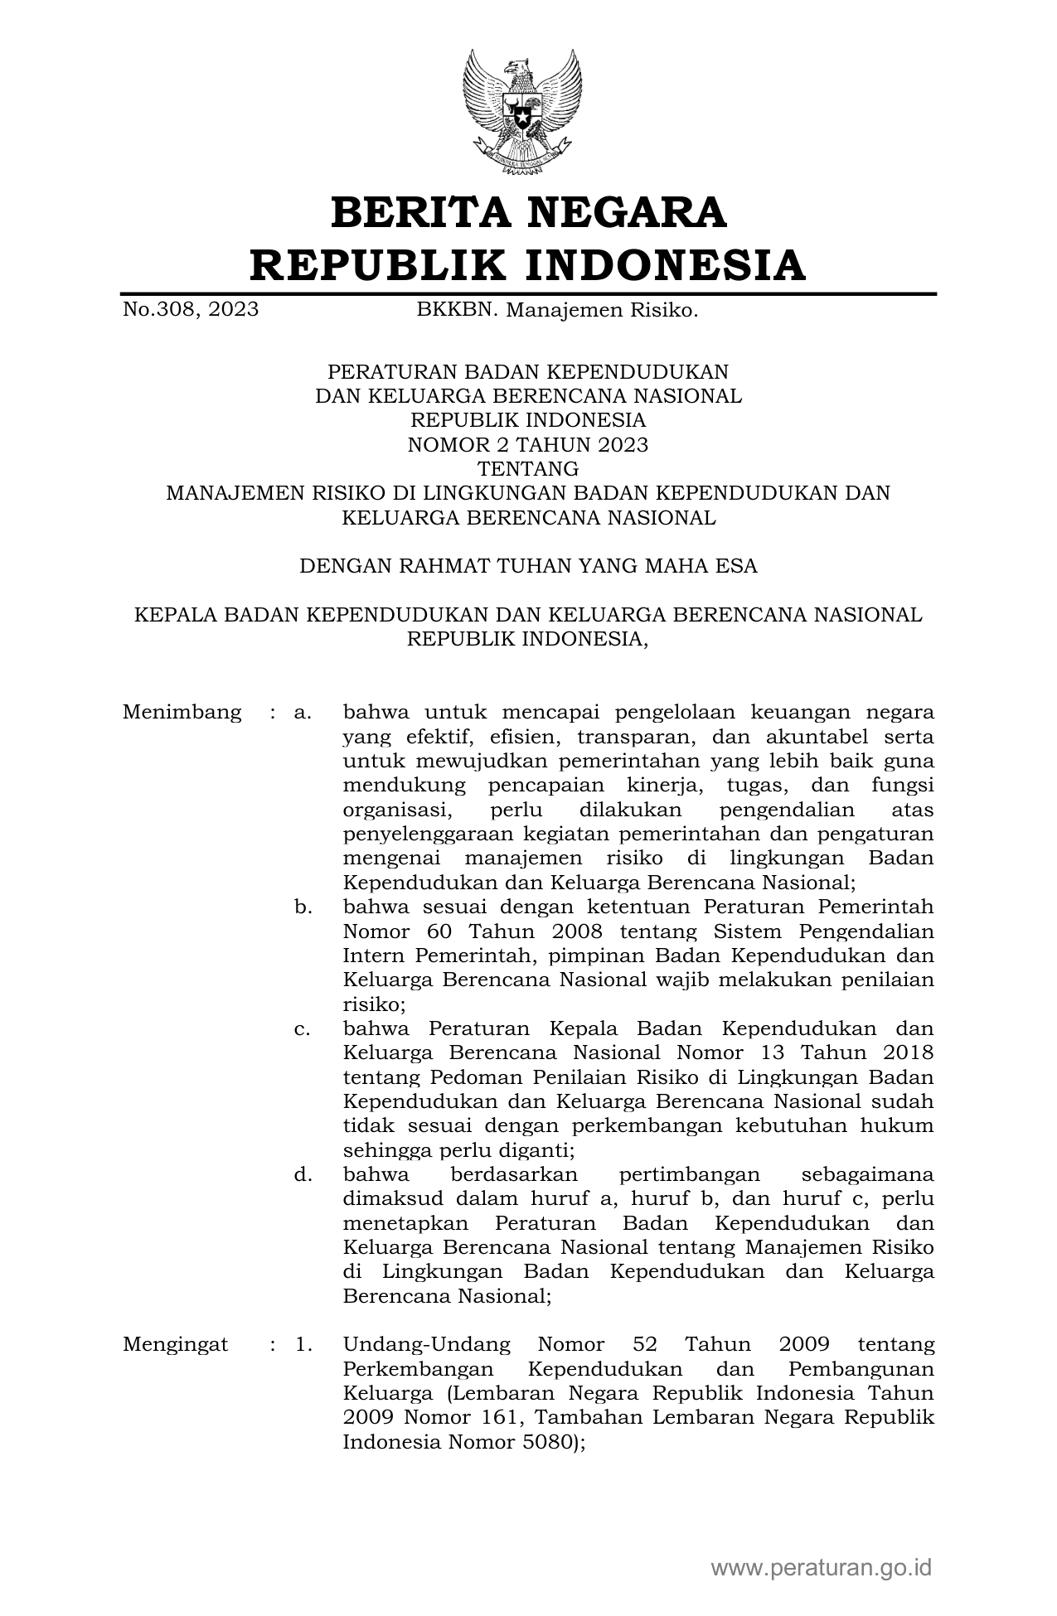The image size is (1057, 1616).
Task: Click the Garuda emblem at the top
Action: [x=522, y=112]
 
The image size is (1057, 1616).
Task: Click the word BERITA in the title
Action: [x=419, y=212]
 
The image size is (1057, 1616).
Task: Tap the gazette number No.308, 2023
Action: [x=190, y=310]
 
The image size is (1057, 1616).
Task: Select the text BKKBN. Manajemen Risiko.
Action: [x=557, y=310]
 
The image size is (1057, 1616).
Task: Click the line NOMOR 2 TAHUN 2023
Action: [x=527, y=445]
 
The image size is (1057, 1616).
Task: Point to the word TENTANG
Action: [x=527, y=469]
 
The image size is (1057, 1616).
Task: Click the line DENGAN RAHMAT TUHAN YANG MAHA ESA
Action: [x=527, y=566]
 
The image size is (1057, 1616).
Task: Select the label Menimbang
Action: [x=182, y=712]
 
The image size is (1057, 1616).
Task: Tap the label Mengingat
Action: [x=175, y=1344]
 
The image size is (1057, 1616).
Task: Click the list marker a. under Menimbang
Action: [x=303, y=712]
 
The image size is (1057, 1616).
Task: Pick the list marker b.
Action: [x=303, y=907]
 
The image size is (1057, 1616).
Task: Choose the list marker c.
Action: [x=303, y=1028]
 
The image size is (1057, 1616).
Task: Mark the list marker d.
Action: [x=303, y=1174]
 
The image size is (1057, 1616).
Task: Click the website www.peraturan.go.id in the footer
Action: [x=821, y=1567]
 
